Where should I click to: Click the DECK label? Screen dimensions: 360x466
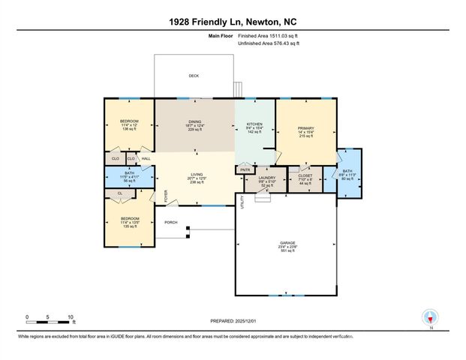pyautogui.click(x=194, y=76)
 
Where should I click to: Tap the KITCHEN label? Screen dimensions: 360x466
pyautogui.click(x=254, y=123)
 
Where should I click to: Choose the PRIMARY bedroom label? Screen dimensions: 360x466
pyautogui.click(x=305, y=127)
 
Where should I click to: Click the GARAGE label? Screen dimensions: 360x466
pyautogui.click(x=287, y=244)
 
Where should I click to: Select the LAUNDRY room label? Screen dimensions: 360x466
pyautogui.click(x=268, y=178)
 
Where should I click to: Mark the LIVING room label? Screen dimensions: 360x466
pyautogui.click(x=196, y=175)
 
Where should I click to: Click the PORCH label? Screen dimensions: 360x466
pyautogui.click(x=171, y=223)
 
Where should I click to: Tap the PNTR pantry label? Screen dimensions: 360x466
pyautogui.click(x=245, y=170)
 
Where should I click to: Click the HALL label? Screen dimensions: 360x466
pyautogui.click(x=146, y=158)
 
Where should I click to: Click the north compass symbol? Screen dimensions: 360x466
pyautogui.click(x=430, y=316)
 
